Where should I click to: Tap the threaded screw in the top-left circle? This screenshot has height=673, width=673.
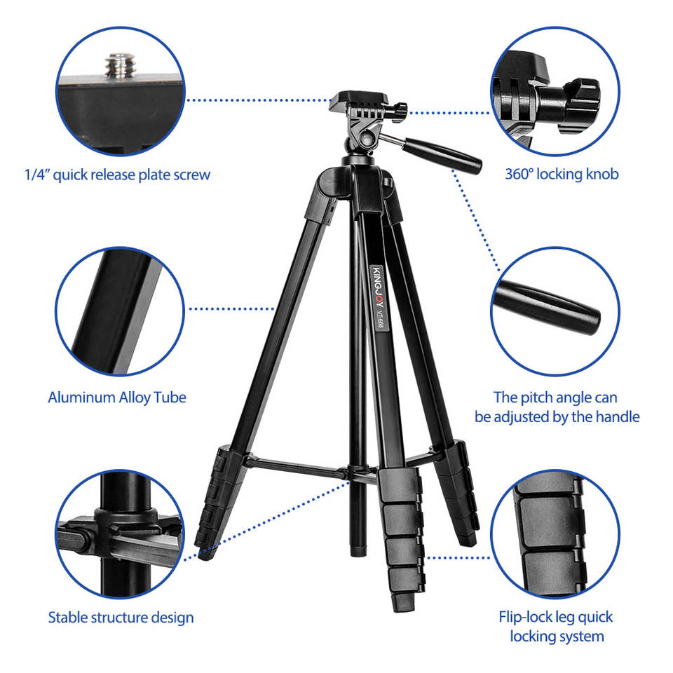[121, 66]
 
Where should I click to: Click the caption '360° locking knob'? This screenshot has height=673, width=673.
[562, 175]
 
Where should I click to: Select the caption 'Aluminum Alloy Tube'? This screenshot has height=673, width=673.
[117, 397]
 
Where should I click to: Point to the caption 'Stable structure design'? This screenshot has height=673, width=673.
[121, 618]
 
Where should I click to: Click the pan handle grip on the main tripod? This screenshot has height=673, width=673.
[442, 156]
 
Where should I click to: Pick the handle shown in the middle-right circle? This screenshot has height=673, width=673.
[548, 307]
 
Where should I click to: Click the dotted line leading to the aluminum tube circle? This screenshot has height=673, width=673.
[232, 308]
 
